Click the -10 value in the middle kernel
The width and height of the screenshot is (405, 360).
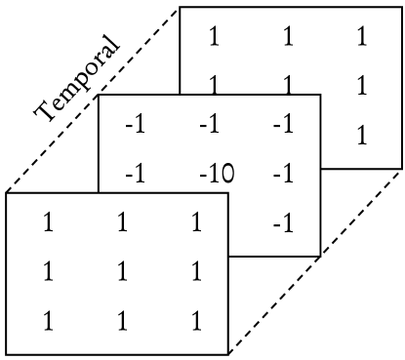point(214,175)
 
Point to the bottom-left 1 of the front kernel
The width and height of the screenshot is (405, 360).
point(48,318)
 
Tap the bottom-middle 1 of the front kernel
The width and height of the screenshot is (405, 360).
point(118,318)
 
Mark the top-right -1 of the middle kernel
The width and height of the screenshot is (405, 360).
point(282,126)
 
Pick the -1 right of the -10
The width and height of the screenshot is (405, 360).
point(282,175)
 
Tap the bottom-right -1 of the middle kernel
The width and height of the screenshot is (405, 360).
point(282,225)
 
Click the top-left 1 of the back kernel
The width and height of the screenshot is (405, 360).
point(214,38)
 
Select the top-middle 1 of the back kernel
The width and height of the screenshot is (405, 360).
point(288,38)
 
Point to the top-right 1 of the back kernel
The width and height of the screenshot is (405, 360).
point(361,38)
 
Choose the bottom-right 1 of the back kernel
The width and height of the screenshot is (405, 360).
point(361,136)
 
